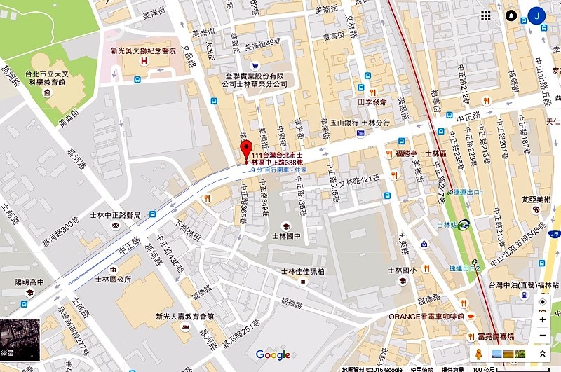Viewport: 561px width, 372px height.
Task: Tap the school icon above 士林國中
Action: pos(286,225)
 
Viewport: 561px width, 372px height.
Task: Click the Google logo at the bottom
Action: pos(273,354)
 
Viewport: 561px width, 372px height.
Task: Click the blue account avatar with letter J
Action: pos(538,15)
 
